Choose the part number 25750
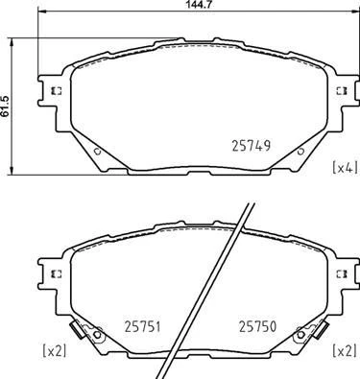[257, 325]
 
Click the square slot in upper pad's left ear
[55, 92]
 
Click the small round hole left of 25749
[98, 152]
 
